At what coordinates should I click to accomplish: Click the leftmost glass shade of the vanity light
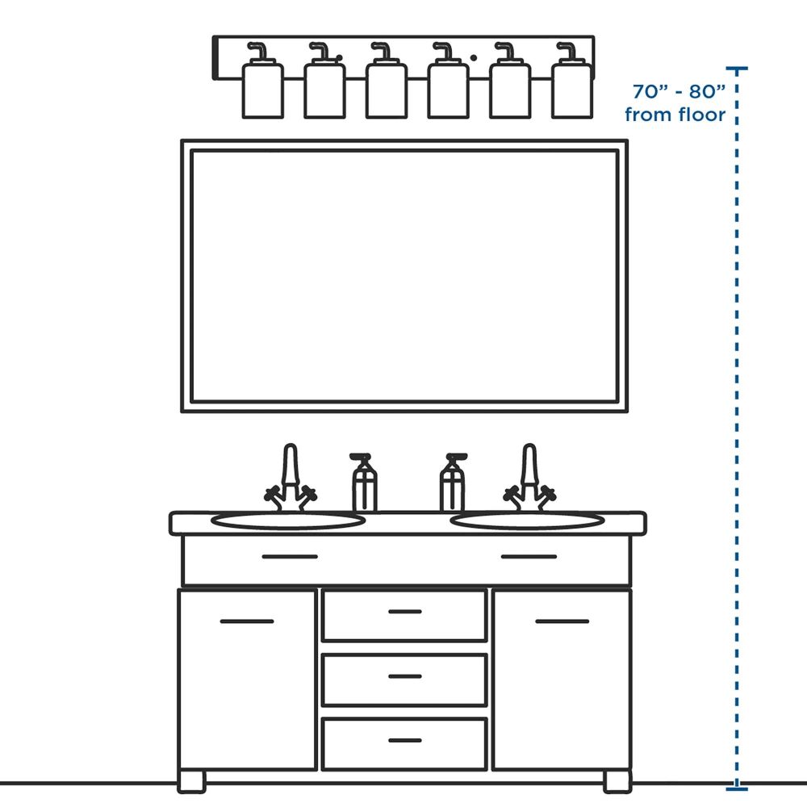click(x=262, y=90)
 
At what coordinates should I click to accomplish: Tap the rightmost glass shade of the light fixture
click(x=572, y=90)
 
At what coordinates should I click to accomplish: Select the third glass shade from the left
click(x=387, y=90)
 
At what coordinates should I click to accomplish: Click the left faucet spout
click(x=291, y=464)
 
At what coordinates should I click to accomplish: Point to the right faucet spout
click(x=529, y=464)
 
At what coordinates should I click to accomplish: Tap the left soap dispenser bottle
click(x=364, y=483)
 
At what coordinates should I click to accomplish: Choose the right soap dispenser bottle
click(x=453, y=483)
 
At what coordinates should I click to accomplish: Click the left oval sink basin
click(x=288, y=521)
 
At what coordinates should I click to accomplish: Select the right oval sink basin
click(x=528, y=521)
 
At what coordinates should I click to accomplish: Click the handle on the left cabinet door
click(x=246, y=621)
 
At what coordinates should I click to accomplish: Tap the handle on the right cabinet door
click(x=562, y=621)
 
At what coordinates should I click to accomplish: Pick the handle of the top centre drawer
click(x=405, y=612)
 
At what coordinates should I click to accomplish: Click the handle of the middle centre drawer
click(x=405, y=676)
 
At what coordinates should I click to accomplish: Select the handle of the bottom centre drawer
click(x=405, y=740)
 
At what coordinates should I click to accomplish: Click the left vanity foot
click(x=191, y=782)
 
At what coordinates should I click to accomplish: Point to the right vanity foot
click(x=617, y=782)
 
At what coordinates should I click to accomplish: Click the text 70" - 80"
click(x=679, y=91)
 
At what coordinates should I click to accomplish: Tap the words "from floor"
click(x=675, y=115)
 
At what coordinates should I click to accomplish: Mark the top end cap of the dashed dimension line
click(x=737, y=68)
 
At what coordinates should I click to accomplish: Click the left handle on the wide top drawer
click(x=290, y=556)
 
